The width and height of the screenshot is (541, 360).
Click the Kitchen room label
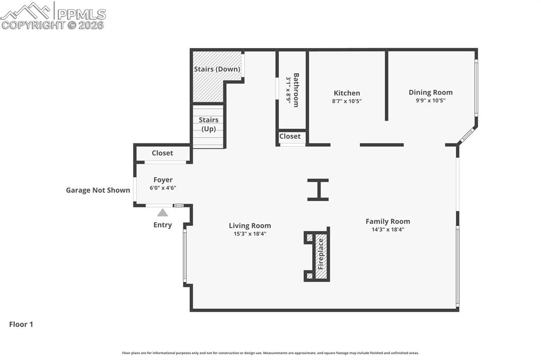pyautogui.click(x=347, y=93)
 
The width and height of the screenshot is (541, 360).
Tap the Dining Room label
pyautogui.click(x=430, y=92)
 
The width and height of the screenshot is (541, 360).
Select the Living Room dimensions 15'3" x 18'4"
pyautogui.click(x=250, y=233)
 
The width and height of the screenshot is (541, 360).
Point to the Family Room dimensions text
pyautogui.click(x=387, y=229)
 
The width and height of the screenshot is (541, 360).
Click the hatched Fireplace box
pyautogui.click(x=320, y=254)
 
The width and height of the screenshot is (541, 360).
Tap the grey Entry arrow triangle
pyautogui.click(x=163, y=213)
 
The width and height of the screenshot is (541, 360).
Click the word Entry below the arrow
pyautogui.click(x=163, y=225)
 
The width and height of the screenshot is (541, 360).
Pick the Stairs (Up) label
pyautogui.click(x=209, y=124)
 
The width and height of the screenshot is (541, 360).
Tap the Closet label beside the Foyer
pyautogui.click(x=162, y=153)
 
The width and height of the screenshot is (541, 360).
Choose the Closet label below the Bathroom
pyautogui.click(x=290, y=136)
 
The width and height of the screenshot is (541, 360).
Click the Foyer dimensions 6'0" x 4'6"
pyautogui.click(x=163, y=187)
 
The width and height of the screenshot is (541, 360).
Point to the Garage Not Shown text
pyautogui.click(x=98, y=190)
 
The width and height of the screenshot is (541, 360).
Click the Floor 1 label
pyautogui.click(x=21, y=325)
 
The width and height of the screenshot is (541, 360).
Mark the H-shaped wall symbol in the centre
pyautogui.click(x=318, y=190)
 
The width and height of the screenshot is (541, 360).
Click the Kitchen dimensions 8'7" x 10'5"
pyautogui.click(x=347, y=101)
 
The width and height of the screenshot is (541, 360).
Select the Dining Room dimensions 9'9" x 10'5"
pyautogui.click(x=430, y=100)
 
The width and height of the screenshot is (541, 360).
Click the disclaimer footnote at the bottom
pyautogui.click(x=270, y=353)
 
